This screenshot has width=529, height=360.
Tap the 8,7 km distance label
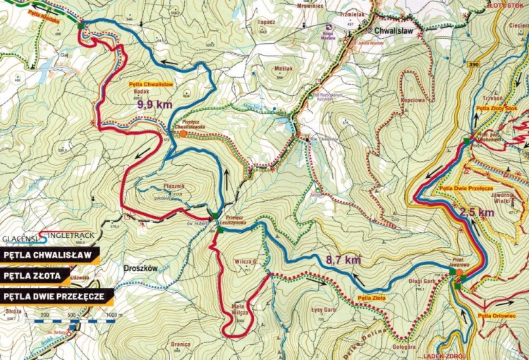pyautogui.click(x=343, y=260)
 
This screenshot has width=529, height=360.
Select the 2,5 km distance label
pyautogui.click(x=477, y=212)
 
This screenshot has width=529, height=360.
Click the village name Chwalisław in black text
pyautogui.click(x=394, y=31)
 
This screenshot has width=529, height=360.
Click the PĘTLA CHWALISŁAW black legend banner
pyautogui.click(x=49, y=254)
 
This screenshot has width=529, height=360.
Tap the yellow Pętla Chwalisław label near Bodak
pyautogui.click(x=150, y=84)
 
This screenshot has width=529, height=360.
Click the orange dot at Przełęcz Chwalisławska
pyautogui.click(x=183, y=133)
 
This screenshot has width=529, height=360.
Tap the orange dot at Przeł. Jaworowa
pyautogui.click(x=459, y=271)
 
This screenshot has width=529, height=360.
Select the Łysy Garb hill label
pyautogui.click(x=322, y=309)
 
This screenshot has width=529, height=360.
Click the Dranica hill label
pyautogui.click(x=181, y=344)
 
